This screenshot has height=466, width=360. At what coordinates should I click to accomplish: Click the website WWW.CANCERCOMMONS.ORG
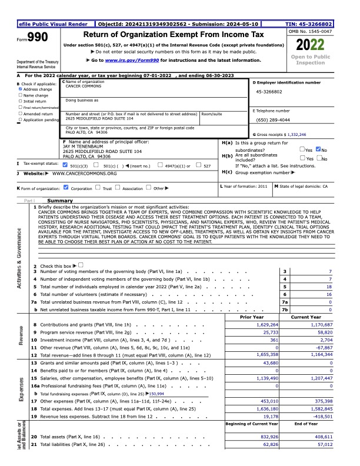click(84, 174)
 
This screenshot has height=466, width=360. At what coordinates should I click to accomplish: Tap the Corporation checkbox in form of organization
click(66, 188)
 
